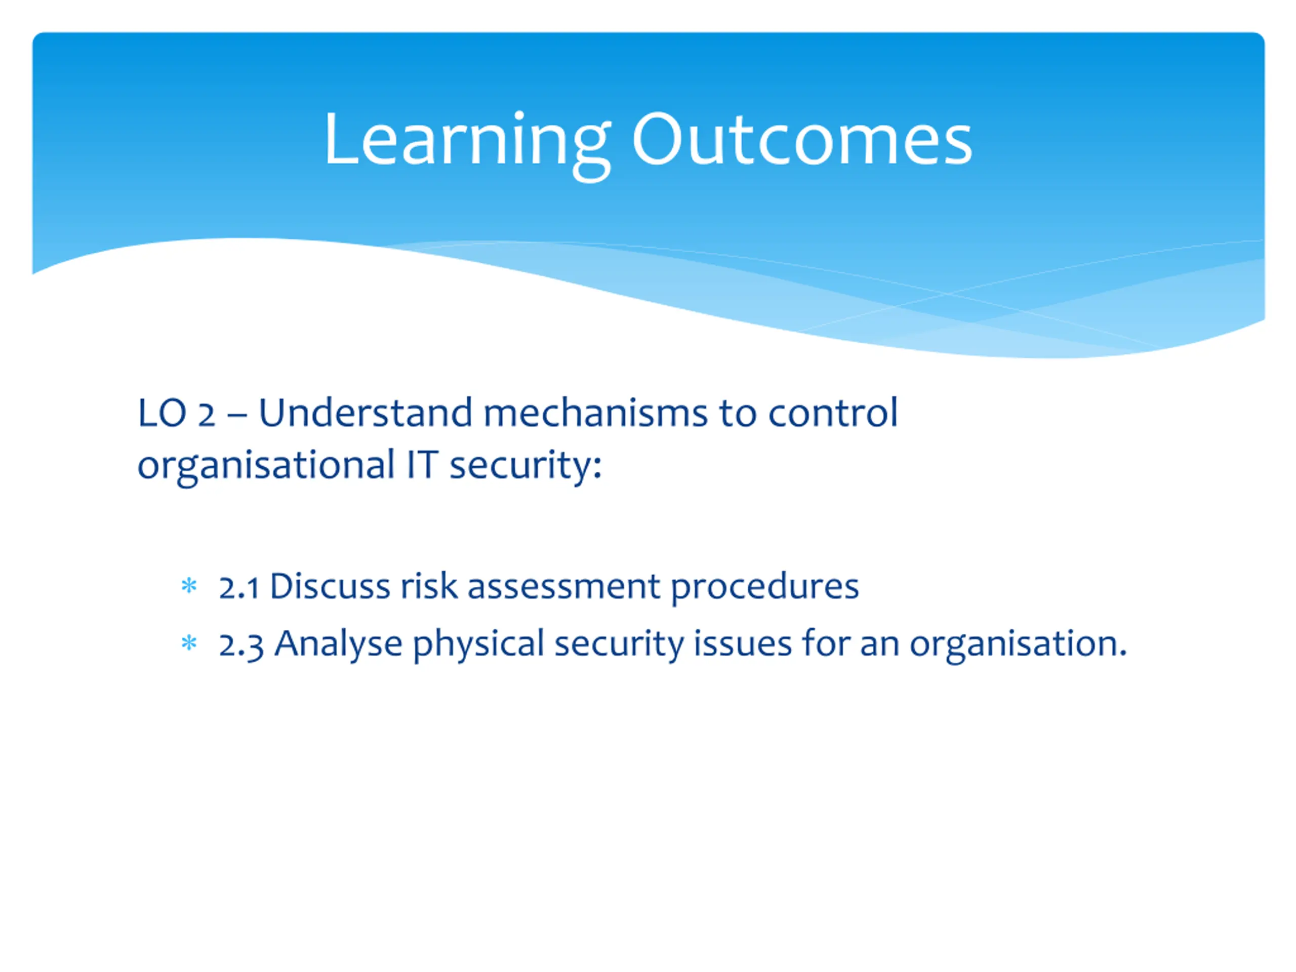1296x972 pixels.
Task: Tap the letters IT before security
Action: click(422, 465)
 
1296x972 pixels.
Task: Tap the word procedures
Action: click(764, 588)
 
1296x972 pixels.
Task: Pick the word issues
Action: click(743, 643)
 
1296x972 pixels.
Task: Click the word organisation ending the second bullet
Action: click(1018, 645)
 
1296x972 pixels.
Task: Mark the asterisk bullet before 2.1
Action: click(189, 585)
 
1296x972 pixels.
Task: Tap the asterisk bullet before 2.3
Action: click(189, 643)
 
